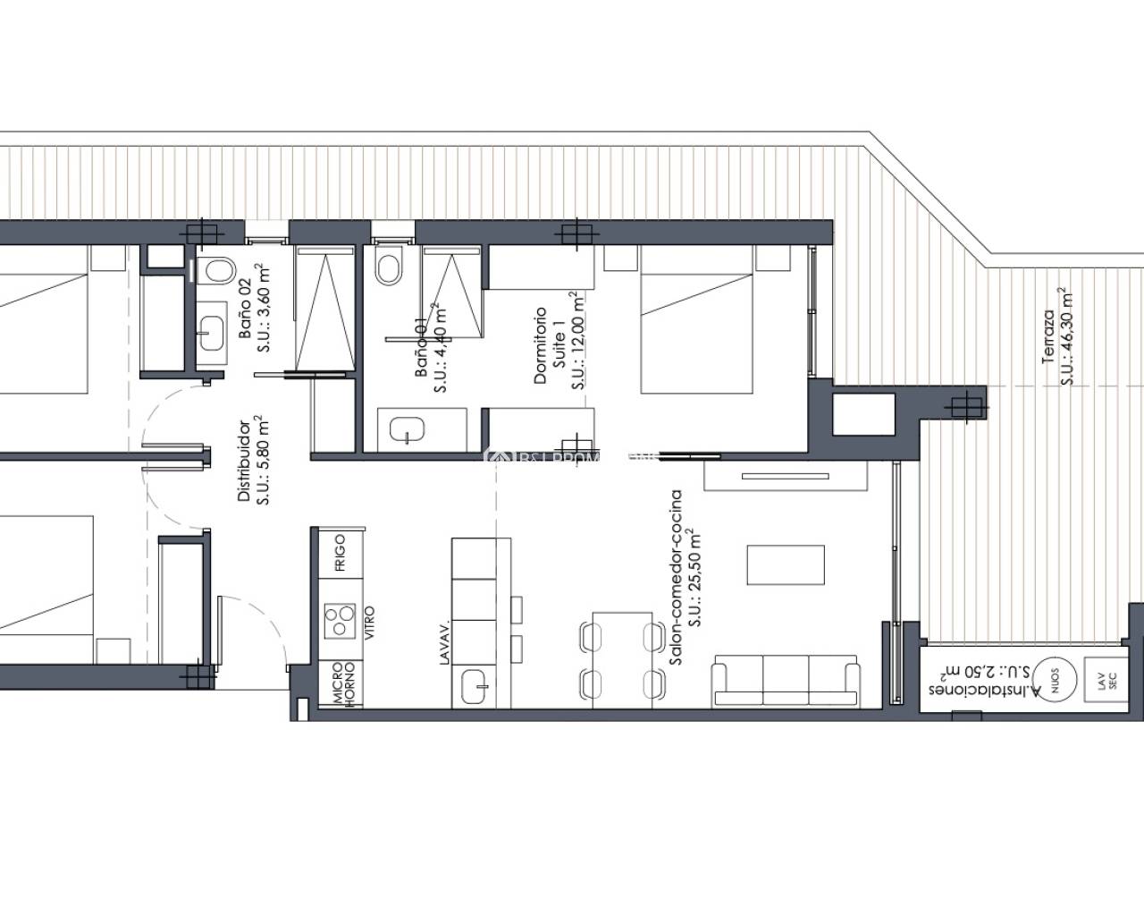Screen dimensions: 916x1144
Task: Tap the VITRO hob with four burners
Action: tap(340, 620)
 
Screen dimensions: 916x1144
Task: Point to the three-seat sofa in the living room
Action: tap(786, 681)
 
